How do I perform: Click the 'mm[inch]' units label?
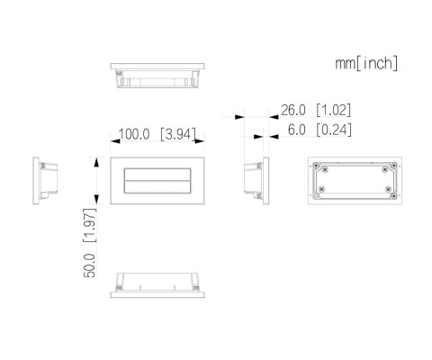tap(366, 64)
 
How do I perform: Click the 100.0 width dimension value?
tap(135, 135)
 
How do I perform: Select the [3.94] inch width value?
tap(181, 135)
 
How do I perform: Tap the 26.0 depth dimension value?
tap(294, 111)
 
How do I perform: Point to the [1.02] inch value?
tap(333, 111)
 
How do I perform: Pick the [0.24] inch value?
tap(333, 130)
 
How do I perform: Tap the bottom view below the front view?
tap(158, 286)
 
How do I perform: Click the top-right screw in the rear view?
tap(386, 166)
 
